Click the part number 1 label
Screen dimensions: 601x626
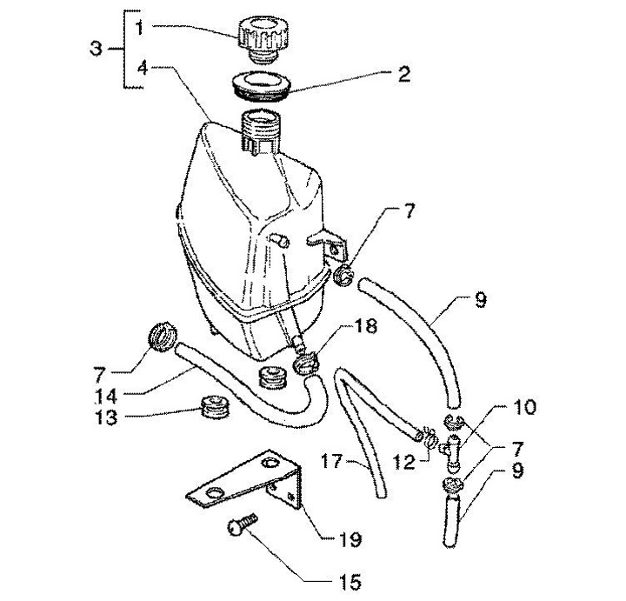tap(138, 28)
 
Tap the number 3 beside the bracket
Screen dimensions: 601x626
tap(97, 49)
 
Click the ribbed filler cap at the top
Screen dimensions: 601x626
tap(258, 36)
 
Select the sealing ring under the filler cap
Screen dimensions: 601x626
tap(259, 86)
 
